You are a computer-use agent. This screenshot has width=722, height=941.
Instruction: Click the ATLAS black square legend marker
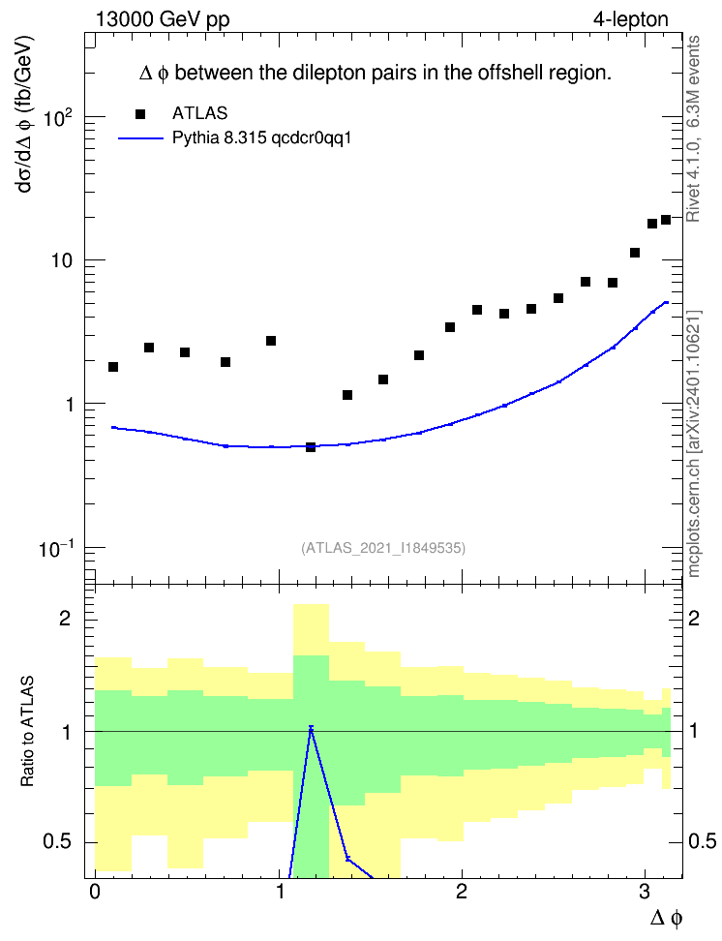point(140,114)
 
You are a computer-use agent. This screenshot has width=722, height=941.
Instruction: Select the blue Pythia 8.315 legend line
point(141,138)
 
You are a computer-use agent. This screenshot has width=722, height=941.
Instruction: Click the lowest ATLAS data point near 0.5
point(311,447)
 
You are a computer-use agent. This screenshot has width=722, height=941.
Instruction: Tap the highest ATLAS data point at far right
point(666,220)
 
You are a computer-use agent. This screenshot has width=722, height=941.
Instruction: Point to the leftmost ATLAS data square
point(113,367)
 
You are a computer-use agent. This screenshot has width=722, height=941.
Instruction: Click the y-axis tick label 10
point(62,261)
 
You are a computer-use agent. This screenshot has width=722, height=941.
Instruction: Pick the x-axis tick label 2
point(462,892)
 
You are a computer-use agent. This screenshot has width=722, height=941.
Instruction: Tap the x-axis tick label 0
point(95,892)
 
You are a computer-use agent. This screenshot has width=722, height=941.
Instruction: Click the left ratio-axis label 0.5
point(58,842)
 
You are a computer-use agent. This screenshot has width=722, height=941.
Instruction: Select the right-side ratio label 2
point(694,618)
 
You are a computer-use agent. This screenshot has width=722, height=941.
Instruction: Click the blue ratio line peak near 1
point(311,727)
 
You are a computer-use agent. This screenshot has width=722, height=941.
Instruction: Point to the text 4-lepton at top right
point(631,19)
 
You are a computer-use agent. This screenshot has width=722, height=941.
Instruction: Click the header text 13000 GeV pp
point(163,19)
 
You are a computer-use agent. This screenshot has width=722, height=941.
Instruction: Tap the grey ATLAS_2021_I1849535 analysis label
point(383,548)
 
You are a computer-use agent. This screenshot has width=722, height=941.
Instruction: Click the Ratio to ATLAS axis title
point(27,731)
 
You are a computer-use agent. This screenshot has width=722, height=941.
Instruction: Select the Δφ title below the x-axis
point(666,918)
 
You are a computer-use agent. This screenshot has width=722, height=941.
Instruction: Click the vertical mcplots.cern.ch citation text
point(694,443)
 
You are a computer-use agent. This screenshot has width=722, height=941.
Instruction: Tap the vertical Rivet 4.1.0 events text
point(693,129)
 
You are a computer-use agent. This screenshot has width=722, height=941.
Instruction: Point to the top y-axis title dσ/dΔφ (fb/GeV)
point(25,113)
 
